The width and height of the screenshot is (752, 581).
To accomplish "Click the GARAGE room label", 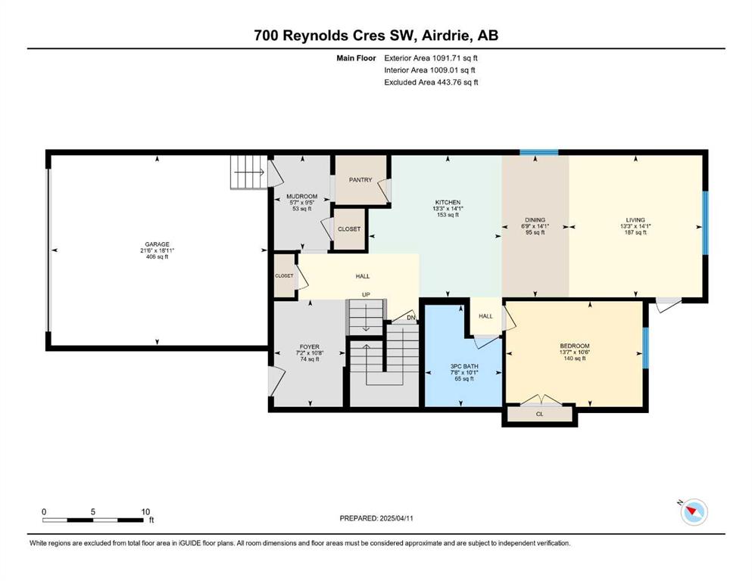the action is click(x=158, y=244).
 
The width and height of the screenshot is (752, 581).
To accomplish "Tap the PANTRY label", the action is click(x=360, y=179).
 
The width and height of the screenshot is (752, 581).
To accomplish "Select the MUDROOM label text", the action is click(x=301, y=197).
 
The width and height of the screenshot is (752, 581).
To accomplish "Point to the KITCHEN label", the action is click(x=448, y=203).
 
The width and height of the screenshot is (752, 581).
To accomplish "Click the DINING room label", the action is click(x=535, y=220).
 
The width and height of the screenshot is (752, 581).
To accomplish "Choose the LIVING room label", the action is click(x=635, y=220).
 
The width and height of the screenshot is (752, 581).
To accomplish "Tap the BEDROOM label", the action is click(x=575, y=346).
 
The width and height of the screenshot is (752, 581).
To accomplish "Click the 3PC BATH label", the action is click(x=464, y=366).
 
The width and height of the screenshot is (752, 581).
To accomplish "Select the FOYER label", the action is click(x=309, y=346).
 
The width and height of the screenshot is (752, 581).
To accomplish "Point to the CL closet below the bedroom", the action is click(x=539, y=414).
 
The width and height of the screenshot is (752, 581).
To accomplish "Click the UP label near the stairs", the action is click(x=366, y=294).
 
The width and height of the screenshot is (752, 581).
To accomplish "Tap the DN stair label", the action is click(x=411, y=318).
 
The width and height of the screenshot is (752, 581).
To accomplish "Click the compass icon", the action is click(x=694, y=511).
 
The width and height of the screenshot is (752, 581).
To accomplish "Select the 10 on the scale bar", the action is click(x=146, y=511).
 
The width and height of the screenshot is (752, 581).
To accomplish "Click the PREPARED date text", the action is click(x=376, y=518).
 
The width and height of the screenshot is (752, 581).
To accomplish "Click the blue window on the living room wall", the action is click(x=705, y=222).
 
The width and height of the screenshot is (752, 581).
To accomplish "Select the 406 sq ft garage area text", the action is click(x=158, y=256).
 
